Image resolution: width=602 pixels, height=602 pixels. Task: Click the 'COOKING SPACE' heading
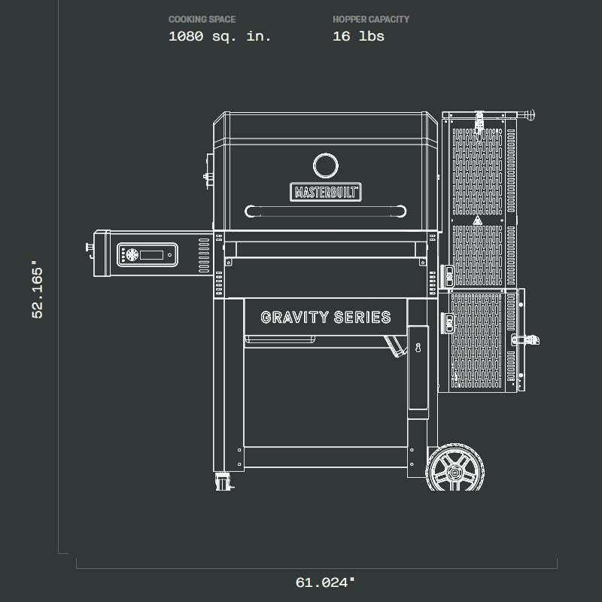(202, 20)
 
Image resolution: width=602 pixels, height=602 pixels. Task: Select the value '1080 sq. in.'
(220, 36)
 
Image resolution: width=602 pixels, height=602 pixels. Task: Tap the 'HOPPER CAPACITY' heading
(371, 20)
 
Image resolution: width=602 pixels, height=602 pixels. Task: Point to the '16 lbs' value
(358, 36)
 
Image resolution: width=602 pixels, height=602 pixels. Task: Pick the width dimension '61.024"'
(325, 582)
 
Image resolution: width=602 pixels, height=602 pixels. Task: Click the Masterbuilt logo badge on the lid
(326, 192)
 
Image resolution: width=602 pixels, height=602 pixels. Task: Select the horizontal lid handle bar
(326, 211)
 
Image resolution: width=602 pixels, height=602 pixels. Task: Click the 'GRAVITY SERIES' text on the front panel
(326, 318)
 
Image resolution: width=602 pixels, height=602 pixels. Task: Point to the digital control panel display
(151, 254)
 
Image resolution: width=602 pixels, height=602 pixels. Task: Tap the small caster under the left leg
(223, 481)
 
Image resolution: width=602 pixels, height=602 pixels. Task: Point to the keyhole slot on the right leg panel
(418, 347)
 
